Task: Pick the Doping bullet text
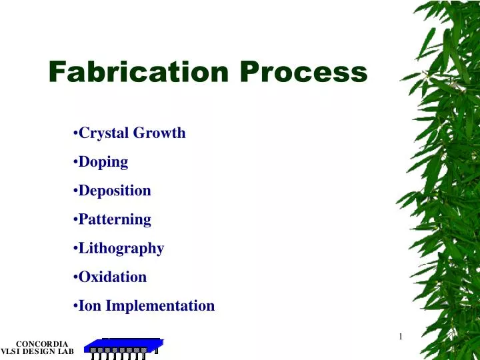(103, 161)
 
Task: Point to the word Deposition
(115, 191)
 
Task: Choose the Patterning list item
(115, 219)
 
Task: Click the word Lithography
(121, 249)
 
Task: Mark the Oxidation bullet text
(113, 277)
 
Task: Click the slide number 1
(400, 337)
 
